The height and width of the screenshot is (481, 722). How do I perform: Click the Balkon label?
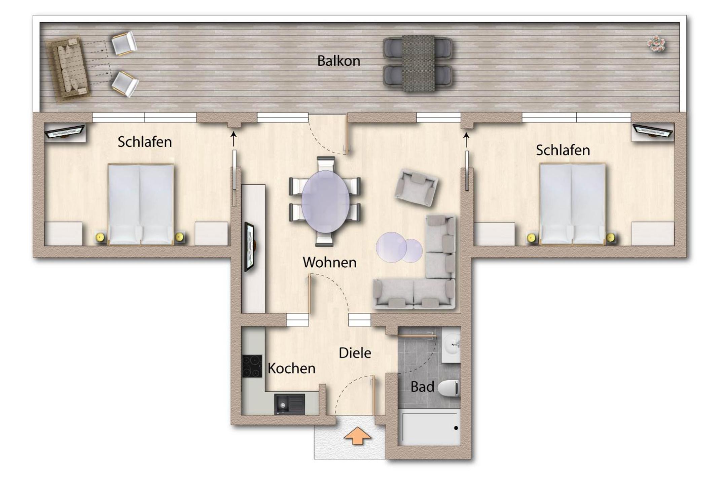(338, 61)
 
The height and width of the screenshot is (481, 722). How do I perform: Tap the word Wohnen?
(329, 262)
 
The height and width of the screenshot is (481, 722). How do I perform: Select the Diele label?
(355, 353)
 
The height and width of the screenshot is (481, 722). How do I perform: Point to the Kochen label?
(291, 368)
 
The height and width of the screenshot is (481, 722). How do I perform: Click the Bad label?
(422, 387)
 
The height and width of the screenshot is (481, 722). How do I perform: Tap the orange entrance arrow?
(358, 436)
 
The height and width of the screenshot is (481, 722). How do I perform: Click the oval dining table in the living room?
(325, 202)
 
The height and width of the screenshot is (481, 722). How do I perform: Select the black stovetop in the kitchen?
(252, 366)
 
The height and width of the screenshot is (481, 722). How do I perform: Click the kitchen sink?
(289, 404)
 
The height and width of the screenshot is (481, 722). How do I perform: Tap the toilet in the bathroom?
(448, 388)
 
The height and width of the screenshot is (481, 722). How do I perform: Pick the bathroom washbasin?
(451, 344)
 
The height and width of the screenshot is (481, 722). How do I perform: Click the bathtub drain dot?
(456, 428)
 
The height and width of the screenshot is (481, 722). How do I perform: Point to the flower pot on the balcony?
(656, 44)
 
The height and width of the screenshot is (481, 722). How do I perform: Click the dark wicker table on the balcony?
(418, 63)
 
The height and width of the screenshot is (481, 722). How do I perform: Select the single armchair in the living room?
(417, 187)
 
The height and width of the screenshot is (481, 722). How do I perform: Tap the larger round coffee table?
(391, 247)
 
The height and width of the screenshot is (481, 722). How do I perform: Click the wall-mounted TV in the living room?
(250, 246)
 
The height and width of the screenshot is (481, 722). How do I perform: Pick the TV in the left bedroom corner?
(64, 132)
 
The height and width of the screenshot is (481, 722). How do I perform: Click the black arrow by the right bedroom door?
(466, 140)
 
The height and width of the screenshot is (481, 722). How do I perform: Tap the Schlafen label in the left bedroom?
(145, 142)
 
